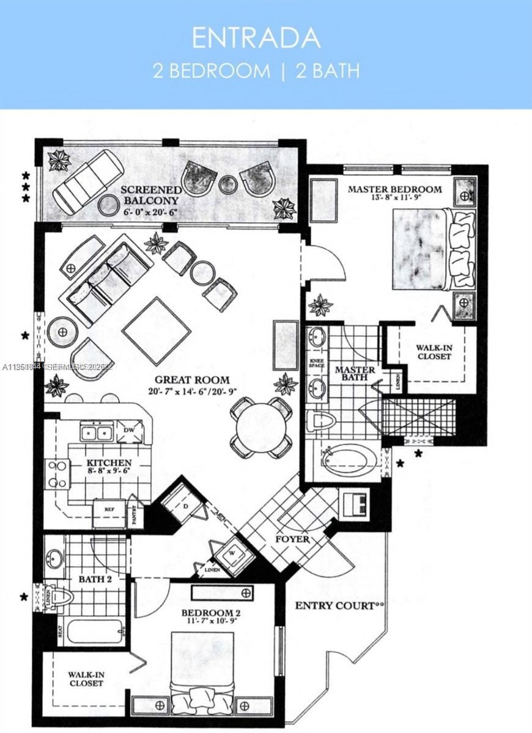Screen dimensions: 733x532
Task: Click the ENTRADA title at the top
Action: pyautogui.click(x=256, y=38)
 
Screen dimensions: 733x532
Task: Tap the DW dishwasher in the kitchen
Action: pyautogui.click(x=129, y=430)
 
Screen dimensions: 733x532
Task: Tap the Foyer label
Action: pyautogui.click(x=292, y=539)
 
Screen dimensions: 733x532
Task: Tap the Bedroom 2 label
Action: pyautogui.click(x=207, y=613)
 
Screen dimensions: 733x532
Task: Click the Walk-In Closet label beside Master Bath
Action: pyautogui.click(x=435, y=352)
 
